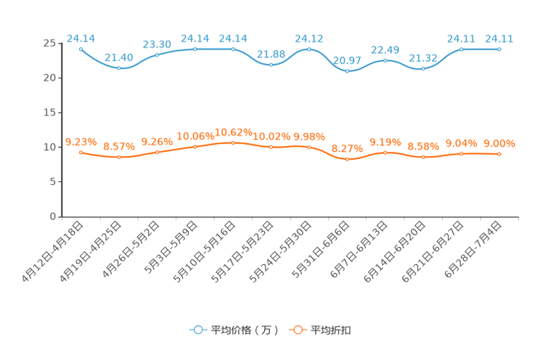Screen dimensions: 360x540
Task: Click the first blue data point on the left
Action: pyautogui.click(x=81, y=48)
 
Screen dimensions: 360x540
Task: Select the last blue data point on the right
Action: pyautogui.click(x=499, y=49)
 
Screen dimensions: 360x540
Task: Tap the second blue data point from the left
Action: pyautogui.click(x=119, y=68)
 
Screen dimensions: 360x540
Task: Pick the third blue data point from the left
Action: pyautogui.click(x=157, y=55)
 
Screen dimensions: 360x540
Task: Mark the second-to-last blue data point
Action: pyautogui.click(x=462, y=49)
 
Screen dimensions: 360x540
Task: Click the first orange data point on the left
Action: pyautogui.click(x=81, y=152)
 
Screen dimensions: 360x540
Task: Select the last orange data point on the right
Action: pyautogui.click(x=499, y=154)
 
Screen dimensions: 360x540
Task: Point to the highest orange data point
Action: pyautogui.click(x=233, y=142)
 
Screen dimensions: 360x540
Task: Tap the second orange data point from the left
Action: pyautogui.click(x=119, y=157)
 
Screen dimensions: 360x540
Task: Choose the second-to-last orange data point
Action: pyautogui.click(x=462, y=154)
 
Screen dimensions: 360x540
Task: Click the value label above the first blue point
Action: pyautogui.click(x=81, y=38)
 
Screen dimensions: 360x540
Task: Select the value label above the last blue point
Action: pyautogui.click(x=499, y=38)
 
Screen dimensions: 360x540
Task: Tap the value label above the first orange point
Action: pyautogui.click(x=81, y=141)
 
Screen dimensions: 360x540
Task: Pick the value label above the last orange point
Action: pyautogui.click(x=499, y=142)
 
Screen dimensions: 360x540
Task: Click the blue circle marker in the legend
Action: pyautogui.click(x=197, y=330)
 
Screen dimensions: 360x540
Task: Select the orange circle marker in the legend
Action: pyautogui.click(x=298, y=330)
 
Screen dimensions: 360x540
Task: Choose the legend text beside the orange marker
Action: pyautogui.click(x=332, y=330)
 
